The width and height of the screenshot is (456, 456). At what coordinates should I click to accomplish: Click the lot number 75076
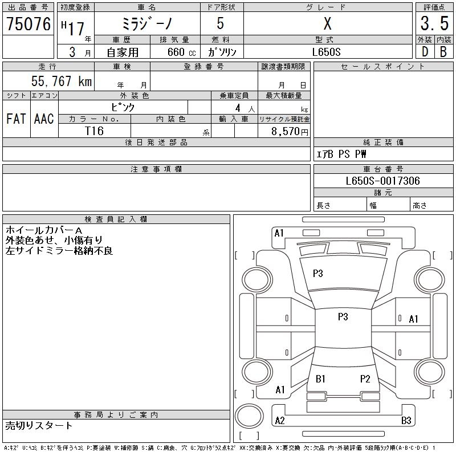pos(28,24)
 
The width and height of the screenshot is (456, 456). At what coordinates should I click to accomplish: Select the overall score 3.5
pos(434,23)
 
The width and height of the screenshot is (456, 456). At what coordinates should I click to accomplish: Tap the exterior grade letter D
pos(425,52)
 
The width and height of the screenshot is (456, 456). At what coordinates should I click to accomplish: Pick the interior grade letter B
pos(443,52)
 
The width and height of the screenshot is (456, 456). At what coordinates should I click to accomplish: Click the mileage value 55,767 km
pos(62,81)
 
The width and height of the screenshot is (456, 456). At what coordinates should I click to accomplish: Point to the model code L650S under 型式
pos(326,52)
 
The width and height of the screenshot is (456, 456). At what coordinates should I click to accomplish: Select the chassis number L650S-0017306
pos(382,181)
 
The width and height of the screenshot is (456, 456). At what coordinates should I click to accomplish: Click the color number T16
pos(94,131)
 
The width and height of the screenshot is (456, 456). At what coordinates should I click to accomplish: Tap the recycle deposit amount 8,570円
pos(290,132)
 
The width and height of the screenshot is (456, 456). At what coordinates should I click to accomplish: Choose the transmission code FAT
pos(16,119)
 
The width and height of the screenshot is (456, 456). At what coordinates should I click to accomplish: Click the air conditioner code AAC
pos(44,119)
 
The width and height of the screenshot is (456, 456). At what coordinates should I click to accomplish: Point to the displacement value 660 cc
pos(181,52)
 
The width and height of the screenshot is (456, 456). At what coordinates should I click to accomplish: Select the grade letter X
pos(327,23)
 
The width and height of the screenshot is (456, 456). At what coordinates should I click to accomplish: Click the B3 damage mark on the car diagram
pos(406,421)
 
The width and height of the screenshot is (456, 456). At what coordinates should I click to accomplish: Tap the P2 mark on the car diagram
pos(365,378)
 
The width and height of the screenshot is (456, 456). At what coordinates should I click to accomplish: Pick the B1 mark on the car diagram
pos(320,378)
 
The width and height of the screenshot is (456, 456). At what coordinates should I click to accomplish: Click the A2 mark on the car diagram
pos(280,421)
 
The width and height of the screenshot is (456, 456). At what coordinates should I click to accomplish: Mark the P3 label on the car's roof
pos(343,316)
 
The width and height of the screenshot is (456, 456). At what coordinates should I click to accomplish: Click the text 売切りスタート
pos(39,426)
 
